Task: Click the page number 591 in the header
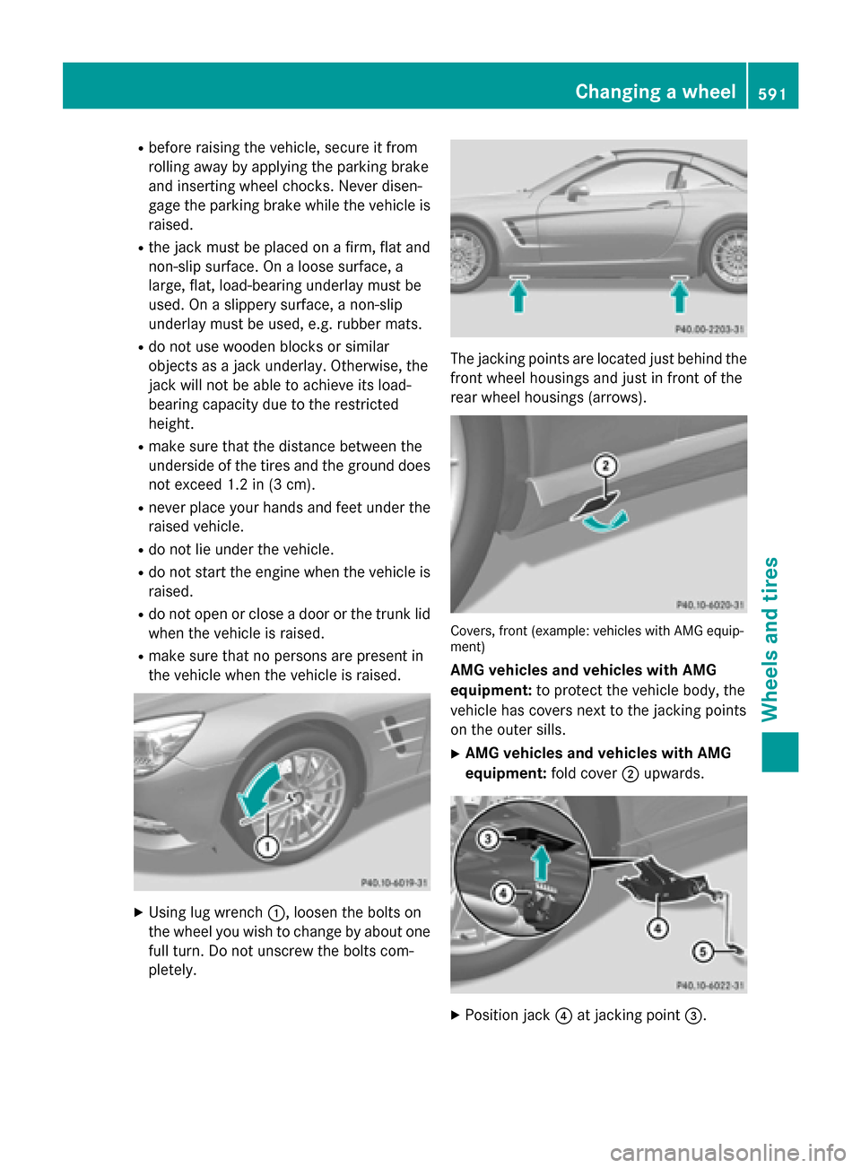(x=771, y=93)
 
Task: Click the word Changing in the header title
(x=618, y=92)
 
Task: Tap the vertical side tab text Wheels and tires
(x=770, y=639)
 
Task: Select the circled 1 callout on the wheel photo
(x=266, y=846)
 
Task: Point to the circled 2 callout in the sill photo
(x=606, y=466)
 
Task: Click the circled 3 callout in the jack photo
(x=488, y=839)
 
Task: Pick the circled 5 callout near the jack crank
(x=702, y=951)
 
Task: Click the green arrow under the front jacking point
(x=518, y=296)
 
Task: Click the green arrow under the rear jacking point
(x=680, y=296)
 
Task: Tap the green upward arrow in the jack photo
(x=541, y=865)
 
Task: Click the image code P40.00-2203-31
(x=709, y=329)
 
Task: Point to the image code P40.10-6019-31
(x=393, y=883)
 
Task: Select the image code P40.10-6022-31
(x=709, y=985)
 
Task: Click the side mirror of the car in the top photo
(x=577, y=191)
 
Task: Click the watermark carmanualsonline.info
(x=727, y=1152)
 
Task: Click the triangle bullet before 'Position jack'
(x=455, y=1015)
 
